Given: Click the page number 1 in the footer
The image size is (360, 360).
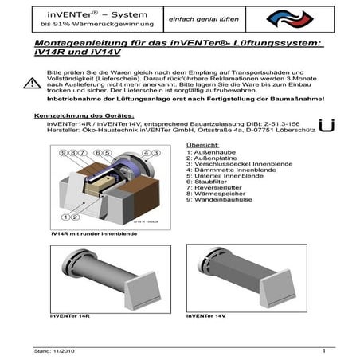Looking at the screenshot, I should coord(325,350).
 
